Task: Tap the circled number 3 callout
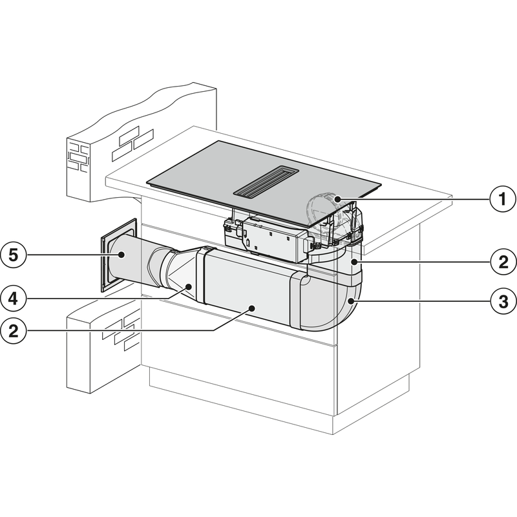coord(501,301)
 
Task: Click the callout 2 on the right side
coord(501,263)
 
